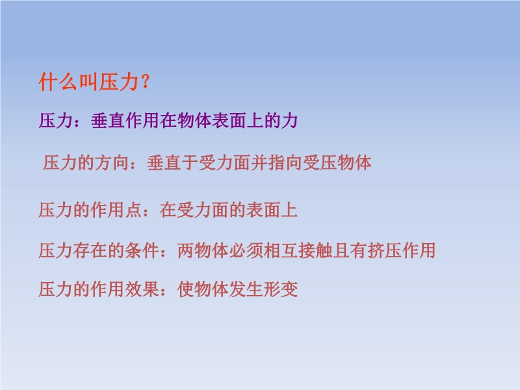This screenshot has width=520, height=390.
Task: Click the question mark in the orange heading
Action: [x=145, y=82]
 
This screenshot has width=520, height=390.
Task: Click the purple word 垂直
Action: [x=108, y=120]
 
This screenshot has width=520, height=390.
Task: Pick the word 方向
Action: [x=112, y=163]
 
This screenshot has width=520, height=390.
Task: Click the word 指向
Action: [x=285, y=163]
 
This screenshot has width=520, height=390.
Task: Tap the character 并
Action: [x=259, y=163]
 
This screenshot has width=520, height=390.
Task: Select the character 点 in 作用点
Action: [x=134, y=210]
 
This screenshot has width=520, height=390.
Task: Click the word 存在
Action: [x=90, y=250]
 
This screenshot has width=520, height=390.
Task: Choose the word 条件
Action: [x=142, y=250]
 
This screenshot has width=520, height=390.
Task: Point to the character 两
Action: [x=186, y=250]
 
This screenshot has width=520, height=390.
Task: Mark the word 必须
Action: [x=246, y=250]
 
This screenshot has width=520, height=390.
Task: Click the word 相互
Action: [x=281, y=250]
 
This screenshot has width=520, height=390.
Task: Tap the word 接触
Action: [x=315, y=250]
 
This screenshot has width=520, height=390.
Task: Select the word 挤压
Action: [x=383, y=250]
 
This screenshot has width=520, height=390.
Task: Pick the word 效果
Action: [x=142, y=289]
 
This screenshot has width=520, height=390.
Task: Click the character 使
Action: [x=186, y=289]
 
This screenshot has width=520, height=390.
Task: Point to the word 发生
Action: [x=246, y=289]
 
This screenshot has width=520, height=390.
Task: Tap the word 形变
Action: [x=281, y=289]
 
